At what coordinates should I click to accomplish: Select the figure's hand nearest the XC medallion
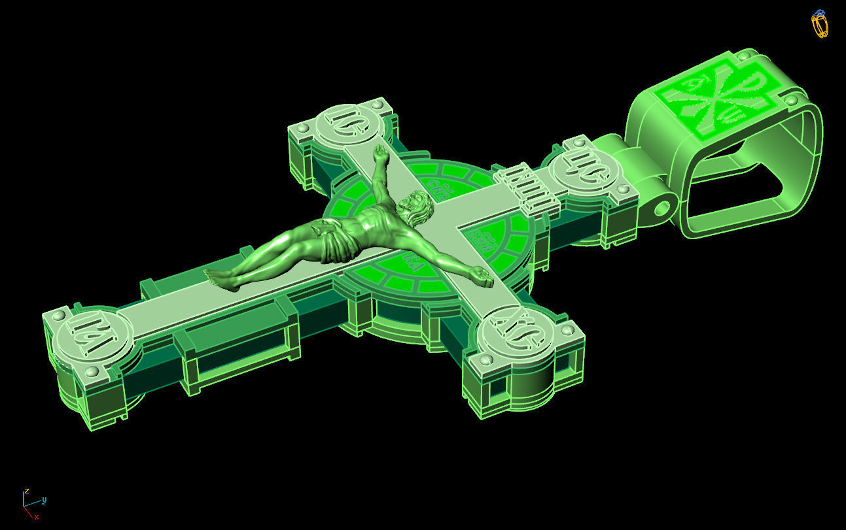click(x=483, y=277)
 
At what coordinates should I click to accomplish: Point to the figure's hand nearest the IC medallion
click(x=379, y=154)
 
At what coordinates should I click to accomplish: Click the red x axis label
click(x=37, y=517)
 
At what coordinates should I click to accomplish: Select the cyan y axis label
click(x=44, y=501)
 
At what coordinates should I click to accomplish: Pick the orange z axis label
click(x=26, y=490)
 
